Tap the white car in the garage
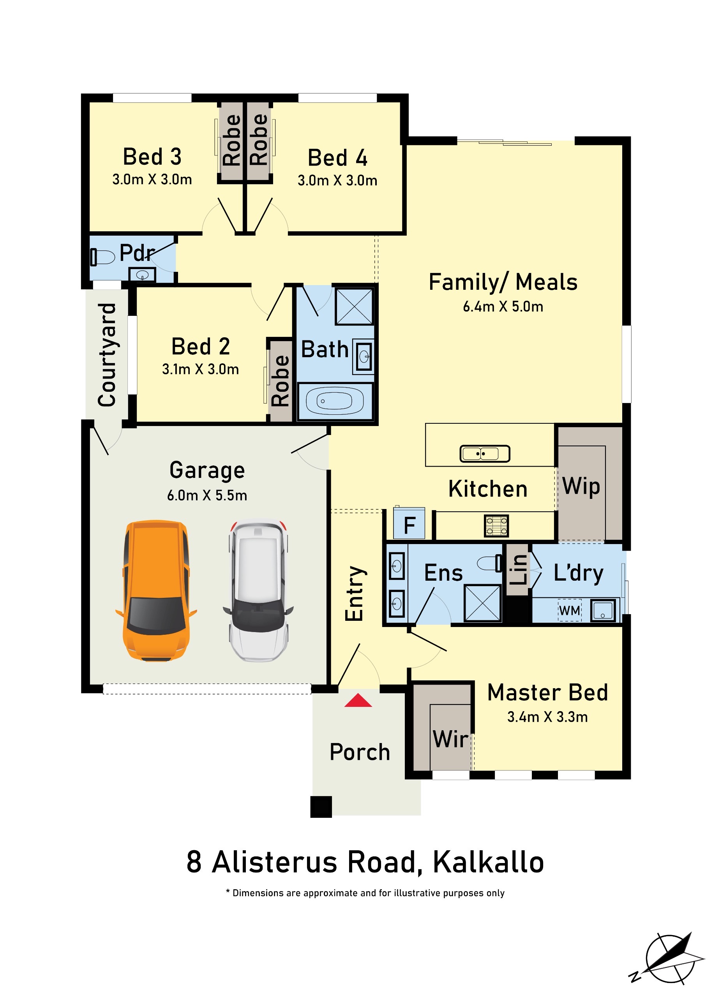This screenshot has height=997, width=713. click(x=258, y=590)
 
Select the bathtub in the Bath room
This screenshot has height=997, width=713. click(x=335, y=401)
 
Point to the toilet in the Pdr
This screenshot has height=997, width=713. click(x=102, y=257)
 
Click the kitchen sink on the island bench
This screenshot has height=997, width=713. click(x=485, y=453)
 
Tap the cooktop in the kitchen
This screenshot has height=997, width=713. click(x=496, y=526)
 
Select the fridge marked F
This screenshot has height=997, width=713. click(x=409, y=523)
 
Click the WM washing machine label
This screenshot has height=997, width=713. click(x=570, y=610)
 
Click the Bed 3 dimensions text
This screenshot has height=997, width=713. click(x=152, y=180)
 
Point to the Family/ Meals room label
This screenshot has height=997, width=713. click(x=503, y=282)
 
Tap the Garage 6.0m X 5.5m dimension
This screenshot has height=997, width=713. click(x=207, y=495)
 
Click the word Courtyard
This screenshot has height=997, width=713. click(x=107, y=355)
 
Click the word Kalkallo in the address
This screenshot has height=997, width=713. click(x=489, y=862)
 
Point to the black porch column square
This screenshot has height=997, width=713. click(x=321, y=807)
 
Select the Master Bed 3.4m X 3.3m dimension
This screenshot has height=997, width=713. click(x=547, y=717)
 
